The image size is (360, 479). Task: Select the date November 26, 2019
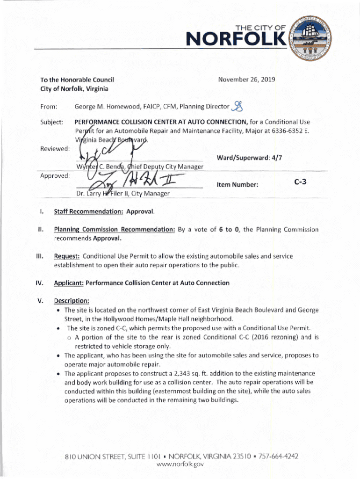point(246,80)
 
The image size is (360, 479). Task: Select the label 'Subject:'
point(54,122)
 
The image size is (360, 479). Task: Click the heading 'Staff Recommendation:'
point(88,212)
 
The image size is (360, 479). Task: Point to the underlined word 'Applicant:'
point(69,283)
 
